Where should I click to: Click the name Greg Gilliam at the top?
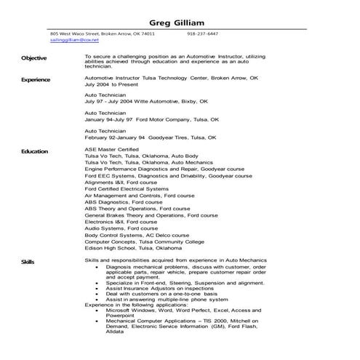tap(180, 20)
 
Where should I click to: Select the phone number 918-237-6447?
tap(202, 33)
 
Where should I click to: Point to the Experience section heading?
tap(36, 79)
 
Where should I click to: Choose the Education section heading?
tap(34, 151)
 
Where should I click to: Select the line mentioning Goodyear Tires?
tap(151, 137)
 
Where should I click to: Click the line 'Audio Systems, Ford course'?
tap(121, 228)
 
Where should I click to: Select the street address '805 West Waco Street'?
tap(73, 33)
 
